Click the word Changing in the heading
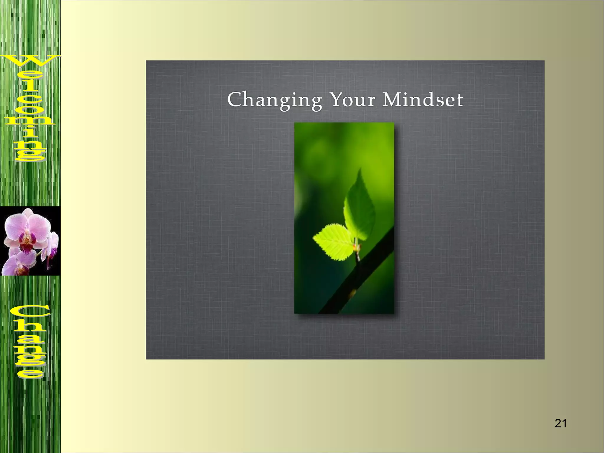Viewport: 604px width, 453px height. click(x=274, y=100)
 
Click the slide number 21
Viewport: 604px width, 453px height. click(x=560, y=424)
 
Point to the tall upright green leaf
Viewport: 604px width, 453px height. click(x=360, y=206)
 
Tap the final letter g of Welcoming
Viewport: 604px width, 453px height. click(x=29, y=155)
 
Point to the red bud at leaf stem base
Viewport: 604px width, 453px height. click(x=355, y=246)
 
